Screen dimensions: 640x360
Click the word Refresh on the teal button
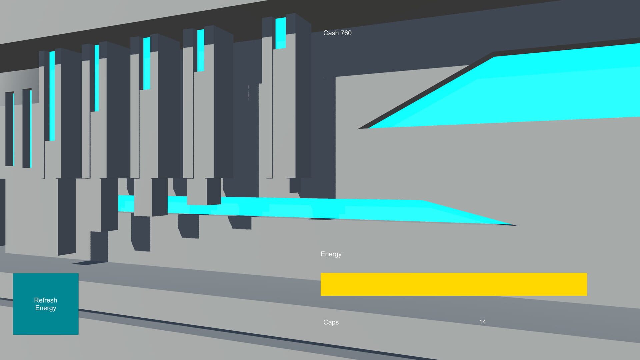46,300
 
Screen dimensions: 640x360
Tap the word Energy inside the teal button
46,308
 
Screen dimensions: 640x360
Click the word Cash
331,33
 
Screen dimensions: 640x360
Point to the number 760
346,33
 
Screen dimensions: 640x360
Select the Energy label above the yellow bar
331,254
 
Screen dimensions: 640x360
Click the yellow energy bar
453,284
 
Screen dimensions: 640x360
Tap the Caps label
331,322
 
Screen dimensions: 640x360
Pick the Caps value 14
482,322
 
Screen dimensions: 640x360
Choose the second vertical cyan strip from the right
201,50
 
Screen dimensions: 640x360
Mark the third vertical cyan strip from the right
147,63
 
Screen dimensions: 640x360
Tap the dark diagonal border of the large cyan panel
427,92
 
